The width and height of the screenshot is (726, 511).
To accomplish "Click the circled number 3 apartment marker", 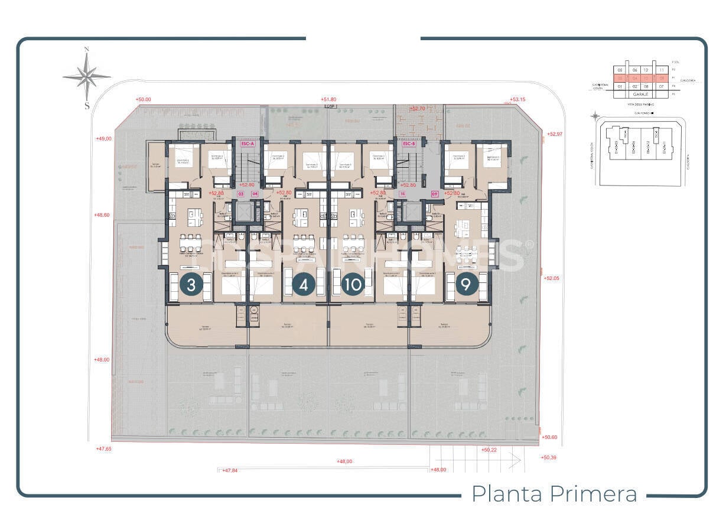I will click(x=191, y=285).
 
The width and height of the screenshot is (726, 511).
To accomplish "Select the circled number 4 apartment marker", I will click(x=304, y=285).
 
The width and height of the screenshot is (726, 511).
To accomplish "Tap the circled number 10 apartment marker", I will click(x=353, y=285).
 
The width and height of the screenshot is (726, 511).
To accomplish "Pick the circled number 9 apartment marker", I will click(x=466, y=285).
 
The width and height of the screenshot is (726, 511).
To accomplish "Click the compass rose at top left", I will click(x=87, y=77).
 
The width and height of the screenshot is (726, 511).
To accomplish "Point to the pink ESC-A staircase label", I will click(x=247, y=144).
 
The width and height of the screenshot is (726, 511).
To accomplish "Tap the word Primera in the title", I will click(x=594, y=493).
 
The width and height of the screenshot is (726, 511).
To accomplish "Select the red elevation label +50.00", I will click(x=144, y=100).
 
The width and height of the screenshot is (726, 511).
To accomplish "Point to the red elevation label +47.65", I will click(x=103, y=449).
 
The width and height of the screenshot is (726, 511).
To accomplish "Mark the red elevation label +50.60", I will click(x=549, y=437).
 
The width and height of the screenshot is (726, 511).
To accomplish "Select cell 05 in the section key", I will click(x=620, y=70).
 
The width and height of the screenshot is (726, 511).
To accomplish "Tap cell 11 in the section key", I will click(x=662, y=70).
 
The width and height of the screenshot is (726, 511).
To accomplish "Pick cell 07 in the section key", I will click(x=662, y=86).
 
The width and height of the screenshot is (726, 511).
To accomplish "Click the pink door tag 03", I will click(x=240, y=193).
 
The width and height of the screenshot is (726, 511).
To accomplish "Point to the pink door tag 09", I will click(x=435, y=193).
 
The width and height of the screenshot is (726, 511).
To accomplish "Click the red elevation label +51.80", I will click(x=328, y=100).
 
